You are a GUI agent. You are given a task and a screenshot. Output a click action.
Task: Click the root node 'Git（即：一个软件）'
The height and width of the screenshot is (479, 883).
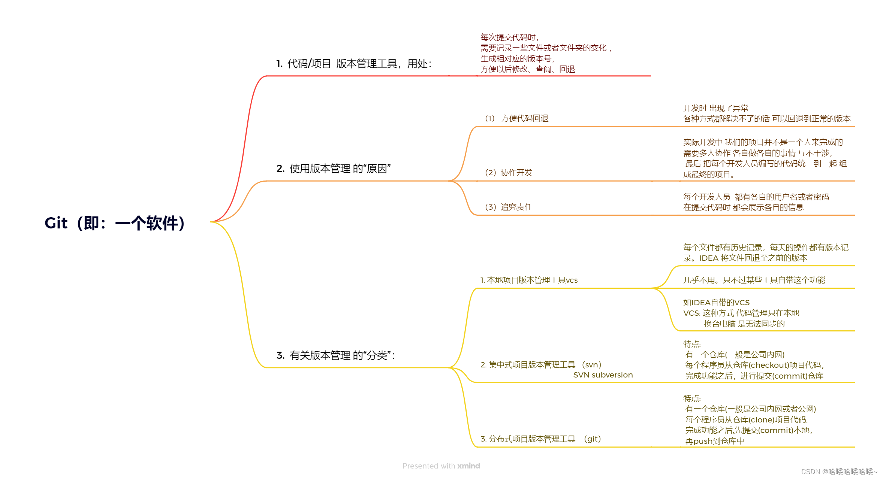pyautogui.click(x=115, y=223)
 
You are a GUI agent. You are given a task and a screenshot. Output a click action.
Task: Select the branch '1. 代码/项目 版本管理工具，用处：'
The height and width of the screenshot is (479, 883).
pyautogui.click(x=353, y=64)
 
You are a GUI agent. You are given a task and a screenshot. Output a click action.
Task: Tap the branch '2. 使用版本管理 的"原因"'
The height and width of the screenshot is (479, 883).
pyautogui.click(x=333, y=169)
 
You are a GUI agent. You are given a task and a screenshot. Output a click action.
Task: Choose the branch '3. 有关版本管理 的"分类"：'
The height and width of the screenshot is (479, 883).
pyautogui.click(x=335, y=355)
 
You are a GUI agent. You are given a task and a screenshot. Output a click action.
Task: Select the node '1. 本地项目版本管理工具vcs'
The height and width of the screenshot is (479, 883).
pyautogui.click(x=529, y=280)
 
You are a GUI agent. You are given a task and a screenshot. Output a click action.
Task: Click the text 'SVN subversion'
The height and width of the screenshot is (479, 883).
pyautogui.click(x=603, y=375)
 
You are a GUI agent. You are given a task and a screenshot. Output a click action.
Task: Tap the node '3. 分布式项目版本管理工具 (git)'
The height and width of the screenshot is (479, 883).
pyautogui.click(x=540, y=439)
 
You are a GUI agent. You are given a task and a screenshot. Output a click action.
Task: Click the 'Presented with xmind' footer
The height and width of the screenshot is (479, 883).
pyautogui.click(x=441, y=466)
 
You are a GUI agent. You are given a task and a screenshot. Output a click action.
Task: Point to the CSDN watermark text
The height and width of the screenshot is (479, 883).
pyautogui.click(x=839, y=472)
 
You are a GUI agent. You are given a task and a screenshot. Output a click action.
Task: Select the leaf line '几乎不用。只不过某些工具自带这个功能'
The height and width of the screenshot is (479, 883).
pyautogui.click(x=754, y=280)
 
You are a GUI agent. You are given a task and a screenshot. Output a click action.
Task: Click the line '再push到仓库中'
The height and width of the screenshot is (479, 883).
pyautogui.click(x=714, y=441)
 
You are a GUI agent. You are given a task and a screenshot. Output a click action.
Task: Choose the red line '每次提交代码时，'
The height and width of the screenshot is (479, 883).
pyautogui.click(x=509, y=37)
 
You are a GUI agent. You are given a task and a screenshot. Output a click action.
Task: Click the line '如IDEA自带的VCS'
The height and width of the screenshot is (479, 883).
pyautogui.click(x=716, y=303)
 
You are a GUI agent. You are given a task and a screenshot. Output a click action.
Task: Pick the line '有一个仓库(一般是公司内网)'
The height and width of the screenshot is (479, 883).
pyautogui.click(x=735, y=355)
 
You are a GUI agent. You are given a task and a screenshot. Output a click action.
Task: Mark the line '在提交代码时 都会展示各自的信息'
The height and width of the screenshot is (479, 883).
pyautogui.click(x=743, y=207)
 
